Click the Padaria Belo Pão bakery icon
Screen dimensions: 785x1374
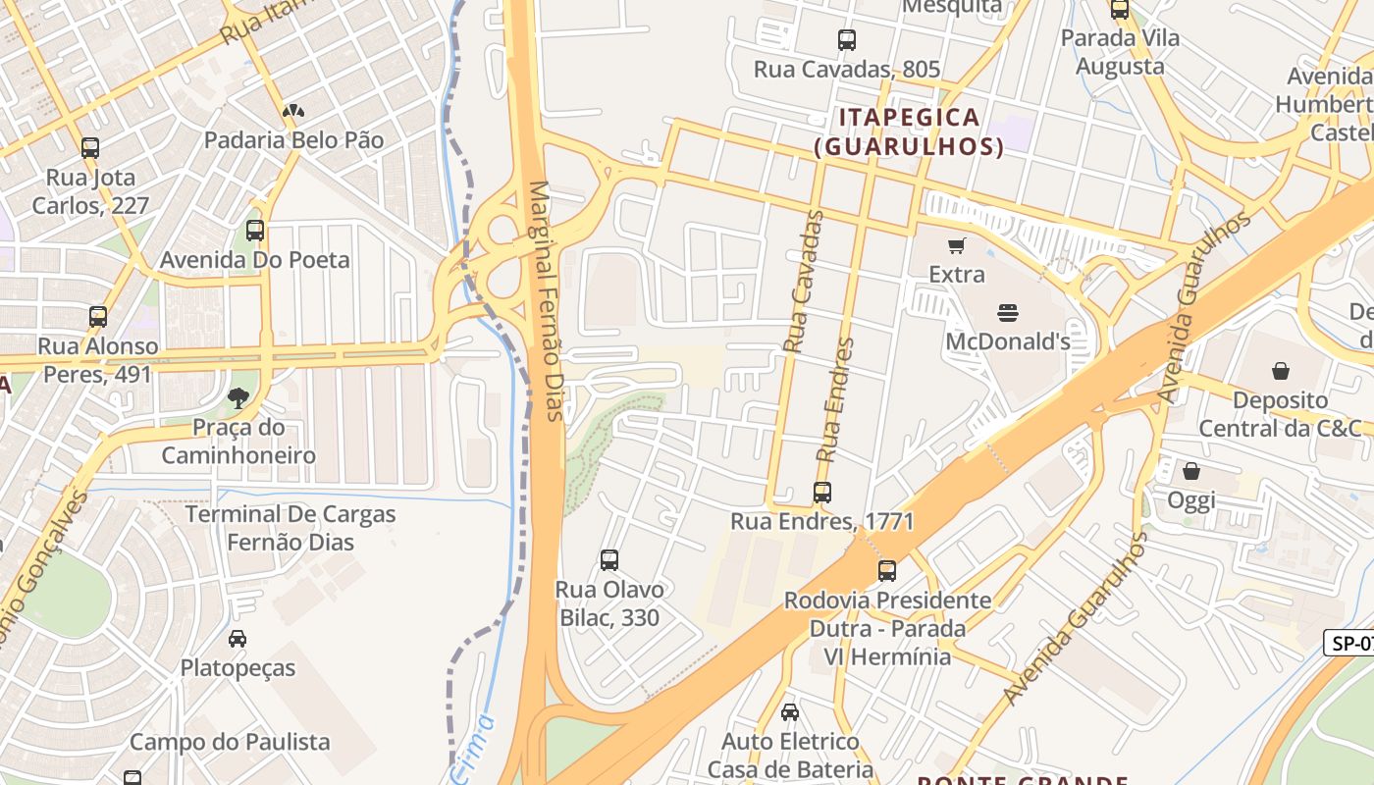pos(292,111)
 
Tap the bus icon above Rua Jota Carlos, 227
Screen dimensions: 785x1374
pos(90,148)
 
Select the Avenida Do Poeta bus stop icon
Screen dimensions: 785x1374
pos(255,231)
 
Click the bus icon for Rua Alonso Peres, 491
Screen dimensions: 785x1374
pos(98,317)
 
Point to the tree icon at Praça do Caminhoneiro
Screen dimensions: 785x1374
pos(238,397)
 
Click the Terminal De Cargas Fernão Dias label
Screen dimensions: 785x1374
pos(291,528)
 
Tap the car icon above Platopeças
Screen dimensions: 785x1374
pos(238,639)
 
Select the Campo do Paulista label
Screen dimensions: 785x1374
pos(230,742)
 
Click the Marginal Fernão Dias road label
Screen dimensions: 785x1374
pos(547,300)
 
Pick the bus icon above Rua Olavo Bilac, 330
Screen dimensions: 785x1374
pos(609,560)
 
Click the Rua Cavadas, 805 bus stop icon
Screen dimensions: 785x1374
pos(847,40)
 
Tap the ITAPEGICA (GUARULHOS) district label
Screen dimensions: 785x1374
pos(909,132)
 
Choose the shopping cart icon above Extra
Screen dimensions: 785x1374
pos(956,245)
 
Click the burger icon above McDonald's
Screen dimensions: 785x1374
pos(1008,313)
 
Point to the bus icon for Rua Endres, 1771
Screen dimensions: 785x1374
pos(822,492)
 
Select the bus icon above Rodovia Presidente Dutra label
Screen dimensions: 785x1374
pos(887,570)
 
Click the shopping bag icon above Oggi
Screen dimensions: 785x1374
pos(1190,471)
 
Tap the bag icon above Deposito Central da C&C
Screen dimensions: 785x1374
pos(1280,371)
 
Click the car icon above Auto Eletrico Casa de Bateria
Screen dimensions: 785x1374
pos(790,712)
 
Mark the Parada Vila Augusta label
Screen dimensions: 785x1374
pos(1120,52)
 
